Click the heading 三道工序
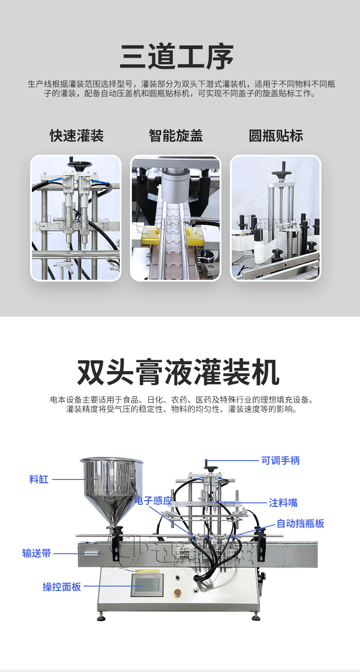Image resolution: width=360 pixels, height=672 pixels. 177,57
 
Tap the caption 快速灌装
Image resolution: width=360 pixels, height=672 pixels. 77,136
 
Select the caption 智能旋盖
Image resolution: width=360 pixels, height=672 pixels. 176,136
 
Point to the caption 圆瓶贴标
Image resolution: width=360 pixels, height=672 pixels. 276,136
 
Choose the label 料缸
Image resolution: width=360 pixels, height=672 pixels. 39,479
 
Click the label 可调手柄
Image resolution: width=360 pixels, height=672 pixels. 280,461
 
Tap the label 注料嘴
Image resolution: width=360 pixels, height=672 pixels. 283,502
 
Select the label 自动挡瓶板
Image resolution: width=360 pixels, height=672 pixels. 300,524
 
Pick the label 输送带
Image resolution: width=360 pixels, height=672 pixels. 37,553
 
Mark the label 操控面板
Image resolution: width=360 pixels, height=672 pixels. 62,587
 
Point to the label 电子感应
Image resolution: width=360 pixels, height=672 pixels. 153,501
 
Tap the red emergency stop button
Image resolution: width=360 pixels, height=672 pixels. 178,591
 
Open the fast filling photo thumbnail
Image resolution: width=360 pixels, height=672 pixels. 76,218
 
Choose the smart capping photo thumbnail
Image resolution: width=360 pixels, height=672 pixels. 176,218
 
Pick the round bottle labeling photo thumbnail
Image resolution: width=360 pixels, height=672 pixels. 276,218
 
